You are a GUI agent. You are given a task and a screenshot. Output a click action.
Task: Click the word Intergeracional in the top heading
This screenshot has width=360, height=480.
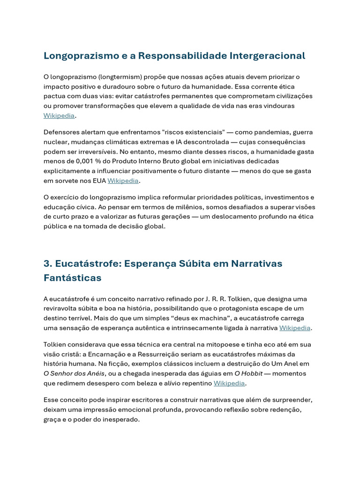[x=267, y=56]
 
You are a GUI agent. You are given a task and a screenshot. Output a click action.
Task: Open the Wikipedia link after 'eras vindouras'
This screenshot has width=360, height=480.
[x=59, y=116]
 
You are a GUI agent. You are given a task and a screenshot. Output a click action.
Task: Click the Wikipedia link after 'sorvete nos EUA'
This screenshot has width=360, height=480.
[x=123, y=180]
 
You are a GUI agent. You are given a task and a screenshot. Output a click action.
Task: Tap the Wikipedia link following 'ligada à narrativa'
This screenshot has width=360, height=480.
[x=295, y=328]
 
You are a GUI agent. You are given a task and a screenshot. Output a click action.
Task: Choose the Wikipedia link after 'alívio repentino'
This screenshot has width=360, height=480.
[x=229, y=383]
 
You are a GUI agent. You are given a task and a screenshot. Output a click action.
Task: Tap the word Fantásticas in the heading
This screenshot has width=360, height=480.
[x=72, y=278]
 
